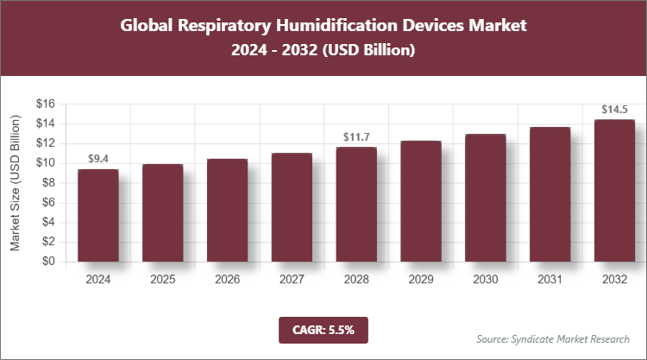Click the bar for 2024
coord(98,215)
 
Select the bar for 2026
coord(227,210)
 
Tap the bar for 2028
coord(356,204)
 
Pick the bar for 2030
coord(486,198)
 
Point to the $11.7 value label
coord(356,136)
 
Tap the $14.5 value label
coord(615,110)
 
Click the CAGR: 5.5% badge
coord(323,329)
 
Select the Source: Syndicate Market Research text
coord(553,338)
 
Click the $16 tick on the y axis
coord(46,104)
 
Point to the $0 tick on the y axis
coord(49,262)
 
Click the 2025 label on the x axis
coord(163,281)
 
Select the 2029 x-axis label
coord(421,281)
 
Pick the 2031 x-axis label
coord(550,281)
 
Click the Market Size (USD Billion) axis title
coord(15,183)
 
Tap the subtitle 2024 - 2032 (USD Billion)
coord(323,51)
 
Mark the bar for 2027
coord(292,207)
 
